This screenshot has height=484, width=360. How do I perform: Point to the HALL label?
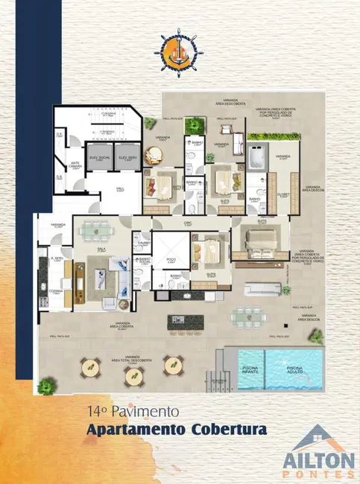pyautogui.click(x=119, y=189)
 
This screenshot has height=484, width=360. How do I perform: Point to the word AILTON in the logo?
pyautogui.click(x=318, y=459)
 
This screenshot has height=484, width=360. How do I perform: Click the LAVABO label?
pyautogui.click(x=143, y=243)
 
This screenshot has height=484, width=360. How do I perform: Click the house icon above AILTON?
pyautogui.click(x=318, y=437)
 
